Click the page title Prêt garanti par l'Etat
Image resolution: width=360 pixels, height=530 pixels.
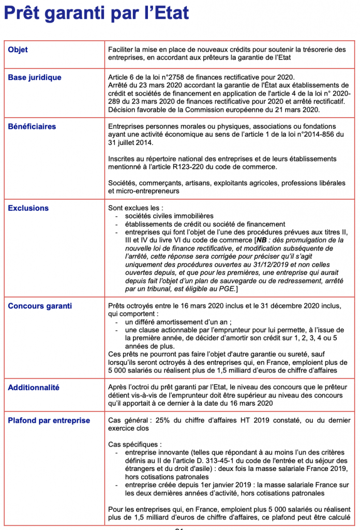pyautogui.click(x=96, y=13)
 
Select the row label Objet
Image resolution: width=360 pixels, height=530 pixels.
pyautogui.click(x=18, y=50)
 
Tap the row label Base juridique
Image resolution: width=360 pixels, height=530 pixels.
pyautogui.click(x=35, y=78)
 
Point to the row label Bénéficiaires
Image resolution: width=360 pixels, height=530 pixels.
pyautogui.click(x=32, y=126)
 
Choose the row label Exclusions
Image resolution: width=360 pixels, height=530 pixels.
pyautogui.click(x=28, y=208)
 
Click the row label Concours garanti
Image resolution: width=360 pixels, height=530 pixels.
pyautogui.click(x=40, y=306)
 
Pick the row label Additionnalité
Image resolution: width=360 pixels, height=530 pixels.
pyautogui.click(x=34, y=387)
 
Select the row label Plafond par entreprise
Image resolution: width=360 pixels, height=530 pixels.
pyautogui.click(x=49, y=420)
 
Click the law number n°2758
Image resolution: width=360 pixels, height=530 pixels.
pyautogui.click(x=182, y=78)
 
